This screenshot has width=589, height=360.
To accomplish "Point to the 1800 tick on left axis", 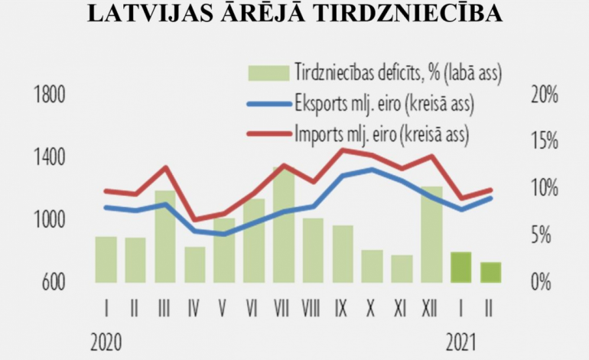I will (50, 96).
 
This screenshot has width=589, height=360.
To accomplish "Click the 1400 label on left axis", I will (50, 158).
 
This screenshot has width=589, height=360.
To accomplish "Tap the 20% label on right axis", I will (544, 96).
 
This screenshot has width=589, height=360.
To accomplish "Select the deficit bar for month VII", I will (284, 225).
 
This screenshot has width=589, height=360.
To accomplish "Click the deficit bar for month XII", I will (431, 234).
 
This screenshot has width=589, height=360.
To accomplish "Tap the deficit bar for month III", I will (166, 236).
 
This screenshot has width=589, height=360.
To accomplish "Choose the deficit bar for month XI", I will (402, 268).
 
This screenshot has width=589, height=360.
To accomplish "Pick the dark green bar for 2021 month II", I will (490, 272).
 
